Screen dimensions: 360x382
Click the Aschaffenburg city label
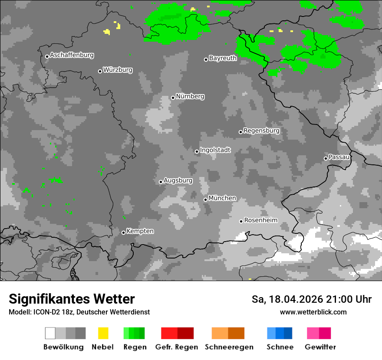coord(72,56)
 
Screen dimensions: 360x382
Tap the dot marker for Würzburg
coord(100,71)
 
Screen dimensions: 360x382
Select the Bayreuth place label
coord(223,58)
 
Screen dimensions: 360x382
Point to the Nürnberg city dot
coord(173,98)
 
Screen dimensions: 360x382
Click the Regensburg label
coord(261,131)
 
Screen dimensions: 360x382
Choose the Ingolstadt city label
coord(215,150)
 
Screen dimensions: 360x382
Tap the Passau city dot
coord(326,158)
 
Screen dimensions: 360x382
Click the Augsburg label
coord(178,180)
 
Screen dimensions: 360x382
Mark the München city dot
coord(205,200)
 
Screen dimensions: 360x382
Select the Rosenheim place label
coord(260,220)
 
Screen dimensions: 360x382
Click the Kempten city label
coord(140,231)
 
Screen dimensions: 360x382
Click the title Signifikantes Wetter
coord(72,299)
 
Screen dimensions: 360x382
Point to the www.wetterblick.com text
coord(313,312)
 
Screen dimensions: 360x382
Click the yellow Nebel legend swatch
coord(103,333)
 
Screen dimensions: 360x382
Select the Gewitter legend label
coord(320,347)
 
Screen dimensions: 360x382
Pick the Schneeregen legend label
coord(229,347)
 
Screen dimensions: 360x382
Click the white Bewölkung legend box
coord(50,333)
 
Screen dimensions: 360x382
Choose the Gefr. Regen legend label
coord(176,347)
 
